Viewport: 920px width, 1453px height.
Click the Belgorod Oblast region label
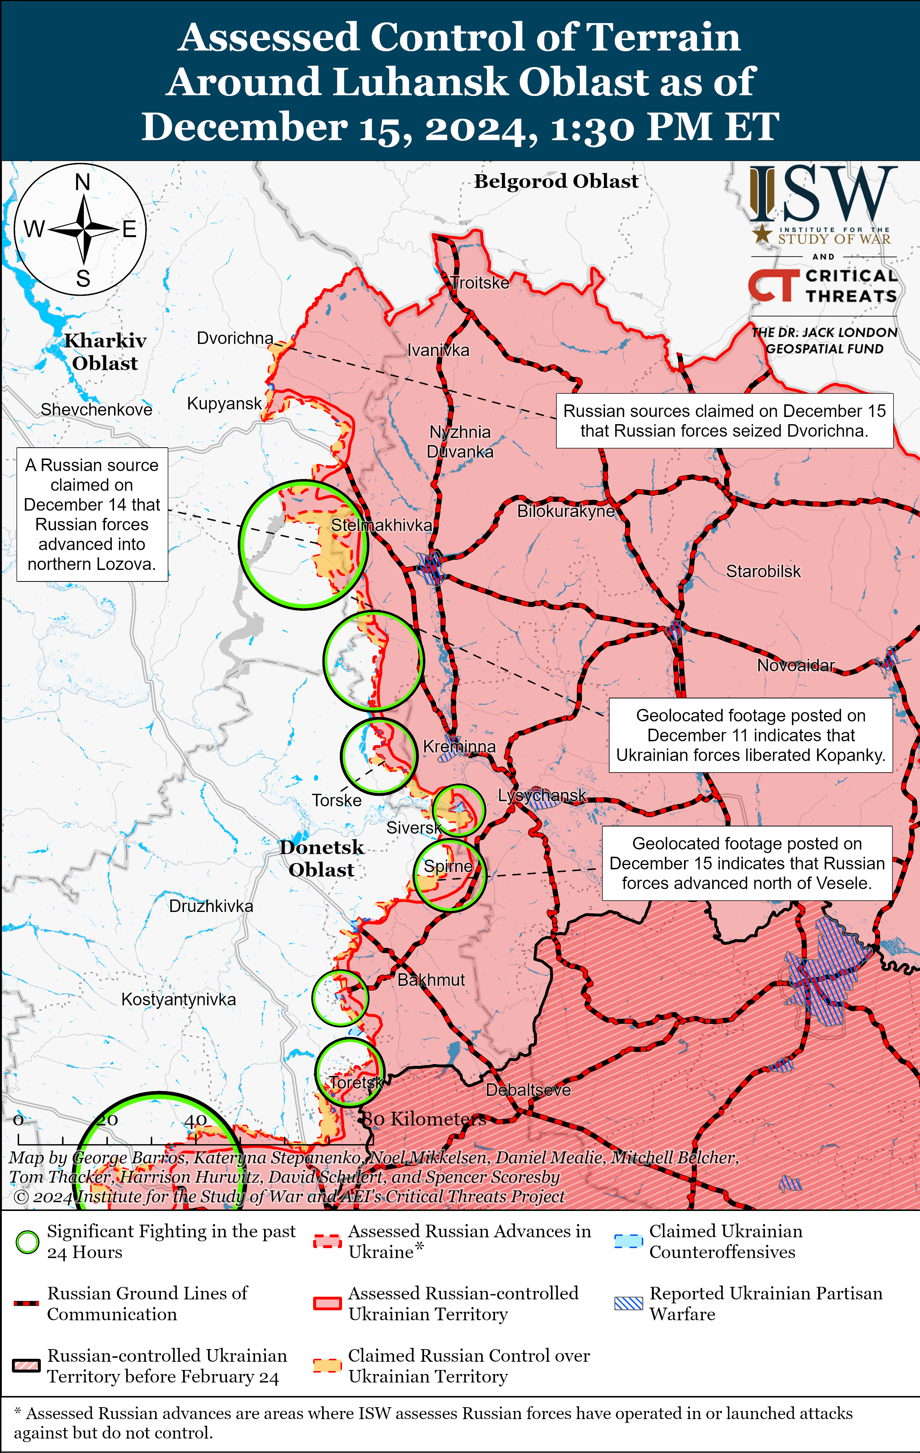click(x=556, y=181)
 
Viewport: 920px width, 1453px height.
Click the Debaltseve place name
click(x=528, y=1090)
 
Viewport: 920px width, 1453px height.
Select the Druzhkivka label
click(x=211, y=906)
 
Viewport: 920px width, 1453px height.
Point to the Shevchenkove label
click(x=97, y=410)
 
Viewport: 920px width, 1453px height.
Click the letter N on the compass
click(x=83, y=182)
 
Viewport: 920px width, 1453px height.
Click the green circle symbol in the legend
click(x=27, y=1242)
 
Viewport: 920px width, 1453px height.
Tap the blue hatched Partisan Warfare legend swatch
click(x=628, y=1303)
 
